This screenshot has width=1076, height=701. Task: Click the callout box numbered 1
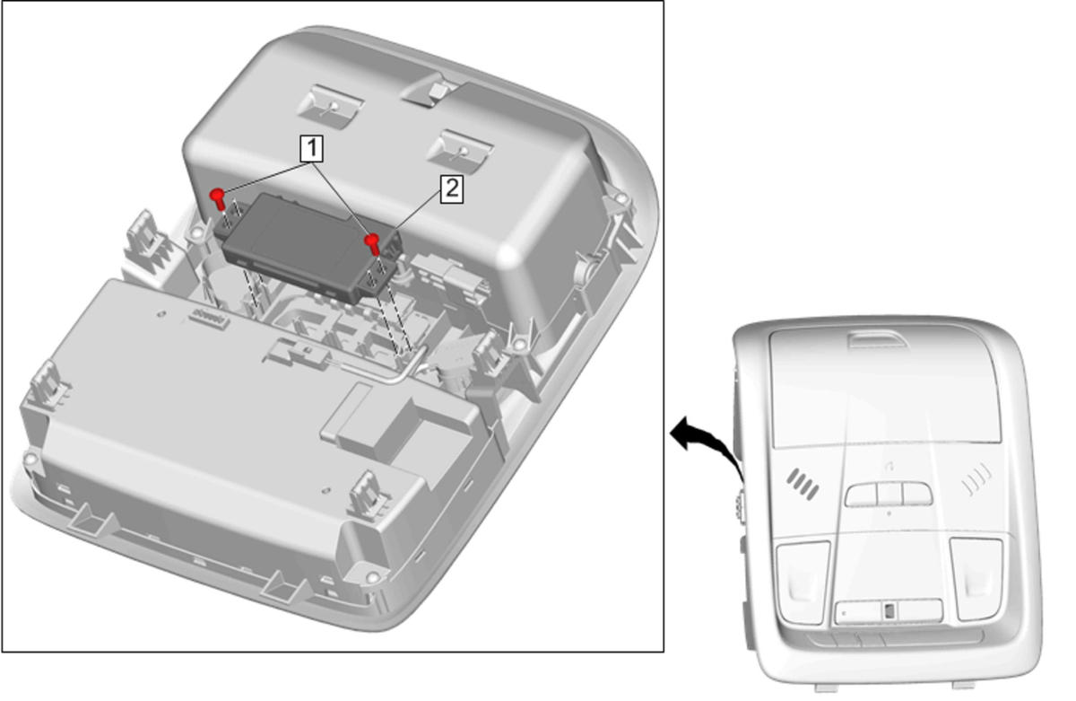point(311,149)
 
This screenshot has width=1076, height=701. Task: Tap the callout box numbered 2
point(452,189)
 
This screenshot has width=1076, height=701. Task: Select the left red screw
point(218,198)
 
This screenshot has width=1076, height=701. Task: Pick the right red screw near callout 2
point(373,244)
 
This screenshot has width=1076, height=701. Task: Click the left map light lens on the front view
point(803,583)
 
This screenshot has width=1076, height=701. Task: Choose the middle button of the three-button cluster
point(889,495)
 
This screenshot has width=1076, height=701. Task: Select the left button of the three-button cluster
point(862,495)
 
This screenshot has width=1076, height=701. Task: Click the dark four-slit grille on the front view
point(803,484)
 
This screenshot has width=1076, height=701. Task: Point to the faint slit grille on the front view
point(976,479)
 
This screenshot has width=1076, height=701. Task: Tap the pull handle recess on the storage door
point(877,339)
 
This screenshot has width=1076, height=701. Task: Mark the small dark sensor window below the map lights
point(889,611)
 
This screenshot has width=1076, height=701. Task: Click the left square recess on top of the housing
point(330,107)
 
